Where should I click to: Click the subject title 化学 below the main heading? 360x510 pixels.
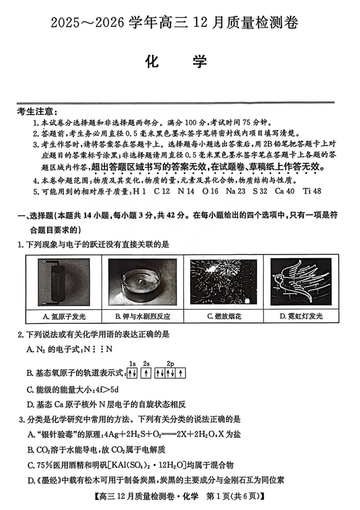click(177, 62)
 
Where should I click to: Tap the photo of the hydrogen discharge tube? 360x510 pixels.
click(64, 282)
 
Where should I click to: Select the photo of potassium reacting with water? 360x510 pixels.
click(142, 282)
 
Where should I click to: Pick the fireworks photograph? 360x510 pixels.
click(223, 282)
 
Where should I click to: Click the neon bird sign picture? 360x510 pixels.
click(301, 282)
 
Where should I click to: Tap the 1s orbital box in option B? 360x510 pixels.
click(132, 373)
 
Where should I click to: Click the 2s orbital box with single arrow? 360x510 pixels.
click(146, 373)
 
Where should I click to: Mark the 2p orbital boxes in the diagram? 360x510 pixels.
click(170, 373)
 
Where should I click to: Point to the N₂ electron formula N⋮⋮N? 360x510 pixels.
click(98, 349)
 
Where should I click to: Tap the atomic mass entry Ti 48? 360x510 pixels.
click(312, 191)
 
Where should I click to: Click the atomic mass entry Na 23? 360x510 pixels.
click(235, 191)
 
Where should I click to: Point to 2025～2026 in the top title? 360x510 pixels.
click(88, 23)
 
